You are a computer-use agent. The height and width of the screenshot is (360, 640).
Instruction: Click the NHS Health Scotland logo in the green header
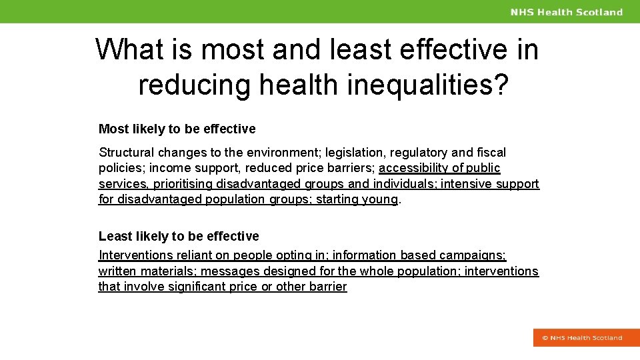566,12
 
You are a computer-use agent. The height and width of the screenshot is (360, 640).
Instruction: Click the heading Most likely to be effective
177,129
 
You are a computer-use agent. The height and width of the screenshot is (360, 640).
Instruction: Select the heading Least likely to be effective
179,236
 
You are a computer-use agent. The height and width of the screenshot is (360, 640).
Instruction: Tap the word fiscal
491,153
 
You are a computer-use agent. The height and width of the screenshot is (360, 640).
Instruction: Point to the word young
380,199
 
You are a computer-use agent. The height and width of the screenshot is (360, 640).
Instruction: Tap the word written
117,271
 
